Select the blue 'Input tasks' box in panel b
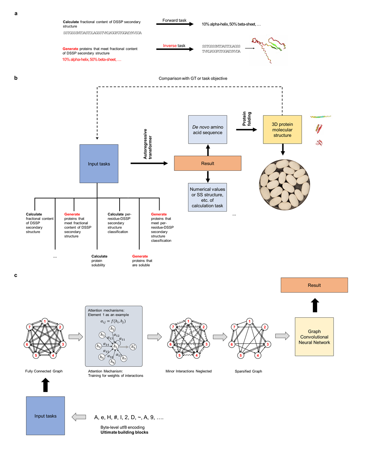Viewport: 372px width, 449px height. (98, 163)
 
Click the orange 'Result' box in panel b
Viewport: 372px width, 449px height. (207, 164)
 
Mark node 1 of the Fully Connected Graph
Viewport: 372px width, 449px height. (45, 321)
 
